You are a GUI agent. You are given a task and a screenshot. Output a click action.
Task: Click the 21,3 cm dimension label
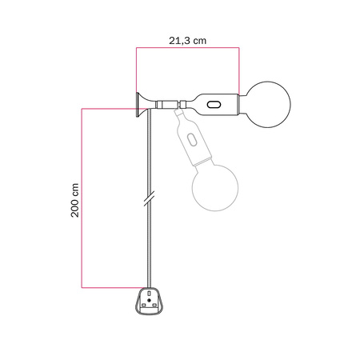click(x=186, y=37)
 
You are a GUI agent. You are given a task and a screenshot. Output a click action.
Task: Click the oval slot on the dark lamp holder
click(x=214, y=104)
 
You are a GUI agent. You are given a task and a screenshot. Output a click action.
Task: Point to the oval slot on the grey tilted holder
click(x=192, y=141)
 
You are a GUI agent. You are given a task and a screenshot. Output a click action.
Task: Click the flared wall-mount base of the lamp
click(x=142, y=104)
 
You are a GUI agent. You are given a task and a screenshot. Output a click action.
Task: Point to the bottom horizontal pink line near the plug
click(x=112, y=286)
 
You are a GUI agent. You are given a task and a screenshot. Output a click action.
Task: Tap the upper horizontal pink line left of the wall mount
click(x=108, y=107)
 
